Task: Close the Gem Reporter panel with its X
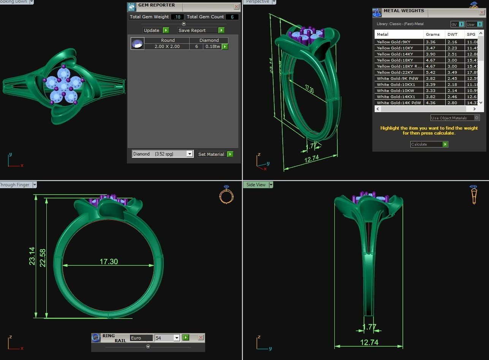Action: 236,7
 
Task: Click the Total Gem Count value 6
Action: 232,17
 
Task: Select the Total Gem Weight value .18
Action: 177,17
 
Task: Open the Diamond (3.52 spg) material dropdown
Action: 189,154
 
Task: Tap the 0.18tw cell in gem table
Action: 212,46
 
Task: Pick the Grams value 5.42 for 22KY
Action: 430,72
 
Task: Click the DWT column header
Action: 452,34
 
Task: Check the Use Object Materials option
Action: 477,118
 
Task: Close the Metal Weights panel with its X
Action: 482,13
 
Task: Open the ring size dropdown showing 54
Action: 177,338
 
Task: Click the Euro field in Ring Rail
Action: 141,338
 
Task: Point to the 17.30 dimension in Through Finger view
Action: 109,262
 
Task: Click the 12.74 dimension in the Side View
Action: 369,343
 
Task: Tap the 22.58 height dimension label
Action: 43,257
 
